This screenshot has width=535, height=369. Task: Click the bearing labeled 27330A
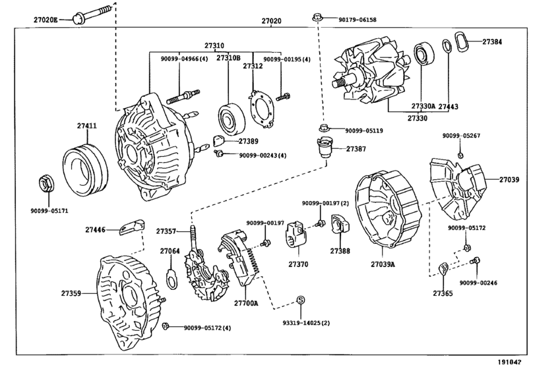pyautogui.click(x=423, y=61)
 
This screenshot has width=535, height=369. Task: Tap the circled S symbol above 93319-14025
pyautogui.click(x=300, y=300)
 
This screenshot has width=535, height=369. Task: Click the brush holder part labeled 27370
pyautogui.click(x=294, y=241)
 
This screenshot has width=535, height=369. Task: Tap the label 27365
pyautogui.click(x=443, y=293)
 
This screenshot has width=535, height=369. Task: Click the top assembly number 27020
pyautogui.click(x=271, y=21)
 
